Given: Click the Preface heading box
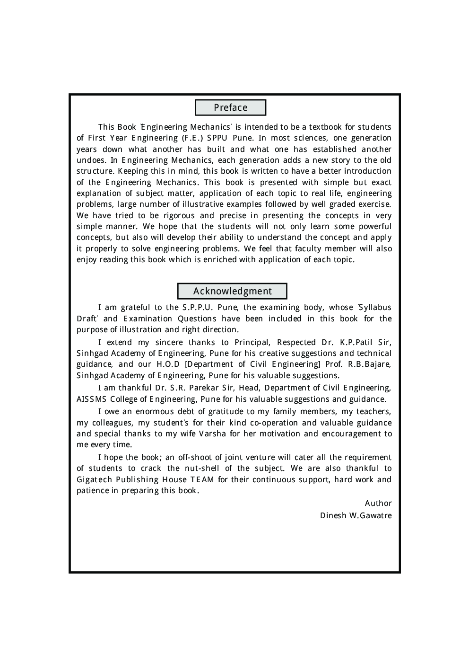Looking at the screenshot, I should point(230,107).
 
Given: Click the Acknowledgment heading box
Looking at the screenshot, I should point(232,291).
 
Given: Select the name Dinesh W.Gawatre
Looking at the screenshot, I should point(356,515).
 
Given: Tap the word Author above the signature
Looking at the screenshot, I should point(378,503).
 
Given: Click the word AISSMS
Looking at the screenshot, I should point(91,399).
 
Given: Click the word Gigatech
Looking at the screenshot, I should point(94,479).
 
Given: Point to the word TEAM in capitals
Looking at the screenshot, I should point(202,479).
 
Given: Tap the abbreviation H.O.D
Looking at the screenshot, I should point(168,364).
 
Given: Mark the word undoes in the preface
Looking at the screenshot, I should point(91,160).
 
